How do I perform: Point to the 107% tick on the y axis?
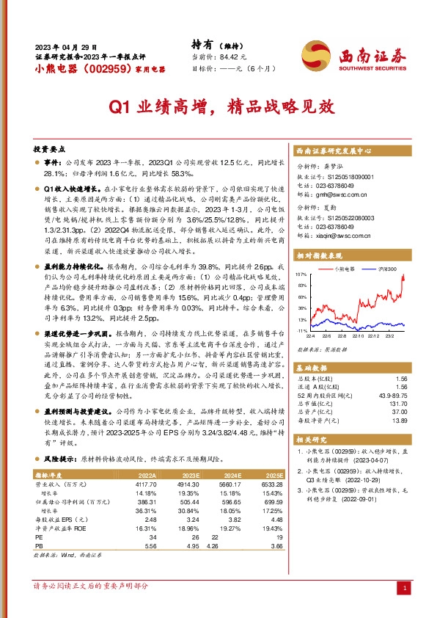pos(301,274)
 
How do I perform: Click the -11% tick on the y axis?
pos(301,332)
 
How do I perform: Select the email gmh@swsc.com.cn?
pos(342,196)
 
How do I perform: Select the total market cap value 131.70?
pos(397,404)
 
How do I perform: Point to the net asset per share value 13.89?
pos(399,421)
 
